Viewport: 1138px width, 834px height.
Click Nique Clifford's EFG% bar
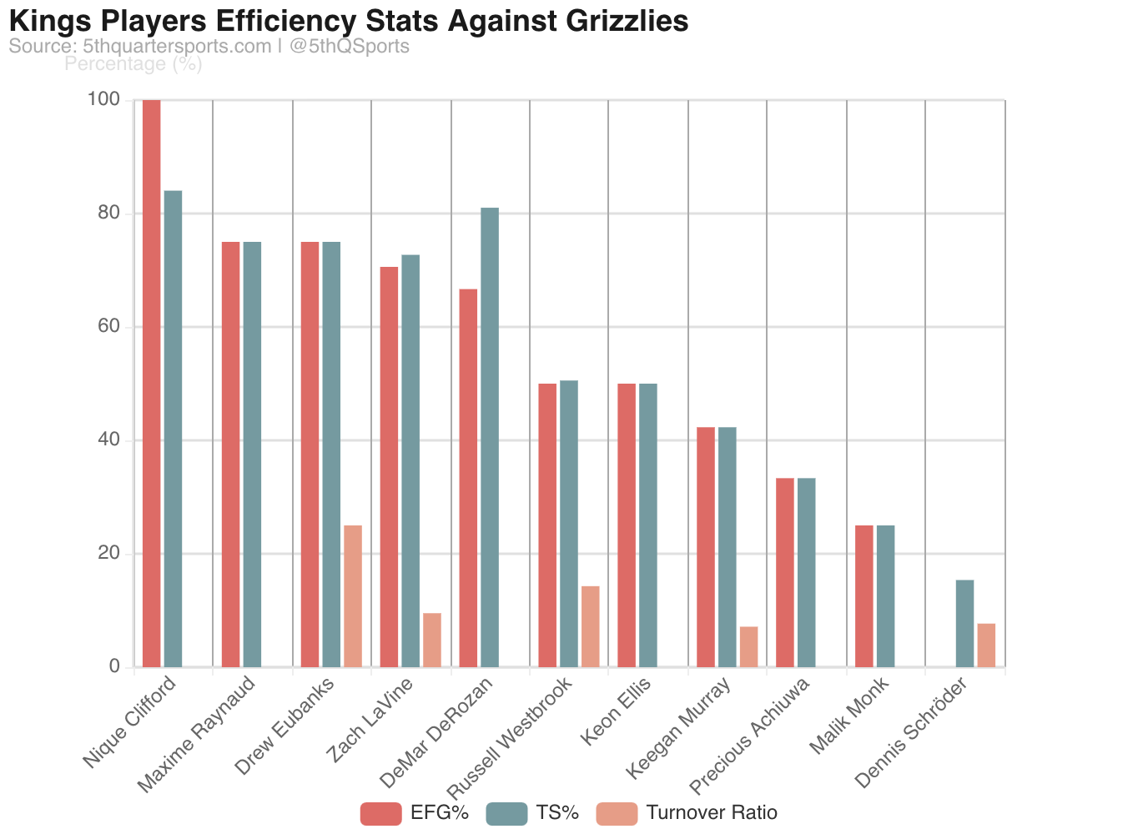pos(151,384)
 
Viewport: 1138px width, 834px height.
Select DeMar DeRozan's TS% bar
pos(490,437)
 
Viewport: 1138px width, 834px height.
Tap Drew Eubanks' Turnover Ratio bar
pos(353,595)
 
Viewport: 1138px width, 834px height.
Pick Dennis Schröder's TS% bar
pos(964,623)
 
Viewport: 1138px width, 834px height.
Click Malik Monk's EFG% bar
pos(864,595)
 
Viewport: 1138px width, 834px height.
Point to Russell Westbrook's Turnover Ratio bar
pos(591,626)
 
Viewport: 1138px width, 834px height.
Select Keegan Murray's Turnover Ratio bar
pos(748,646)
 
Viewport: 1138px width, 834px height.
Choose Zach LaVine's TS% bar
pos(410,460)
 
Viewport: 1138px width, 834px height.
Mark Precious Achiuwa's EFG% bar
pos(785,572)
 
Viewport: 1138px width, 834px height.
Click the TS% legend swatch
pos(506,813)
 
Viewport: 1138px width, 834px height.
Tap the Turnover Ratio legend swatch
pos(617,813)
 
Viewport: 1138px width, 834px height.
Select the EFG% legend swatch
pos(381,813)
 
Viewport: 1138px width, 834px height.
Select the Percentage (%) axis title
pos(133,63)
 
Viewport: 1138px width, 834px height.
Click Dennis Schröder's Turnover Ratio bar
pos(986,645)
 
